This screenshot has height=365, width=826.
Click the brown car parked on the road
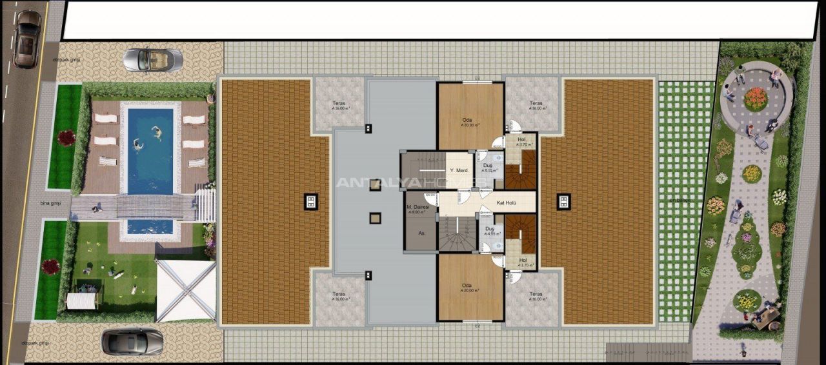click(27, 39)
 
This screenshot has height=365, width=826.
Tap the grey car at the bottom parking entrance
click(133, 340)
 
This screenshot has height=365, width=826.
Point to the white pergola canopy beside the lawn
click(186, 290)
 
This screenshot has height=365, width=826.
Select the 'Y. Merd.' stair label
click(458, 170)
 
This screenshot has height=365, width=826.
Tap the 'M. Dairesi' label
click(418, 208)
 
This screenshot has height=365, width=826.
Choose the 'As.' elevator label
click(421, 233)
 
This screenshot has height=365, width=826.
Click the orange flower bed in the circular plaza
click(756, 99)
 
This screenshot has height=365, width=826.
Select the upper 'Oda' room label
click(467, 119)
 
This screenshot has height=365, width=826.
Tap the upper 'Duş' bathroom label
click(488, 166)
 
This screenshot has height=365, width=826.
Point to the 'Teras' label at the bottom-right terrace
click(535, 295)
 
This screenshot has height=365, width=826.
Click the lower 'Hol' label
click(521, 260)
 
